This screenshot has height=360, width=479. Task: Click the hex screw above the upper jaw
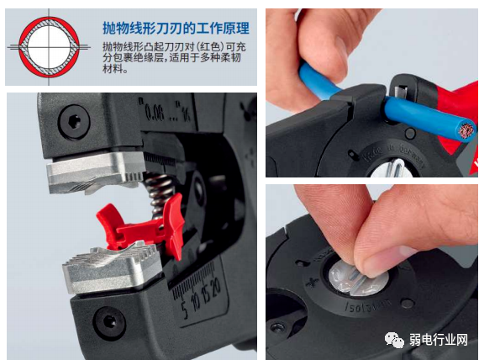point(74,121)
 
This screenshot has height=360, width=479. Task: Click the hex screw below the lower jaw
point(108,320)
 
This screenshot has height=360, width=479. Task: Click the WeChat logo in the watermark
point(395,338)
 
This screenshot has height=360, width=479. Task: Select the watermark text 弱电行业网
point(437,339)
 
